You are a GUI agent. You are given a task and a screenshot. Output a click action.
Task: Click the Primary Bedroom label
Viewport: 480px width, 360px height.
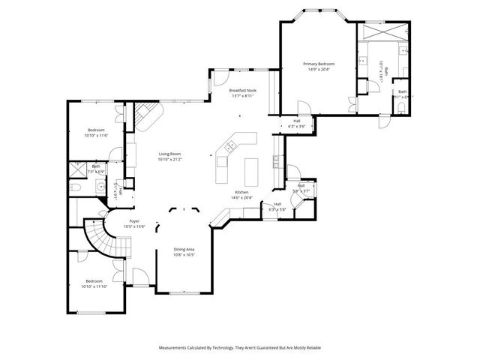(x=319, y=64)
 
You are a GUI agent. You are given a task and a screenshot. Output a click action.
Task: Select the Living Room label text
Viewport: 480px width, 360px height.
(x=169, y=154)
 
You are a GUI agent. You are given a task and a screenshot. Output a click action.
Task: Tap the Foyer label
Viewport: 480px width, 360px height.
(x=134, y=221)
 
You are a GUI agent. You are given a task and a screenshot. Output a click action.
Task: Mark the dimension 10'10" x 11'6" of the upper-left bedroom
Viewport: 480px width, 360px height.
(x=97, y=135)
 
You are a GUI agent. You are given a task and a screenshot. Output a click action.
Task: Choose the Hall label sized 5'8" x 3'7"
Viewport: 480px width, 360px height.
(x=301, y=190)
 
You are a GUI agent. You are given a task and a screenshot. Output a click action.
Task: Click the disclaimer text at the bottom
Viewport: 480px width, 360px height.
(x=239, y=348)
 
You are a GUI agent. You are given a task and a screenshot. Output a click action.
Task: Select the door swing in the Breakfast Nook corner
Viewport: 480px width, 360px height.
(x=220, y=78)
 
